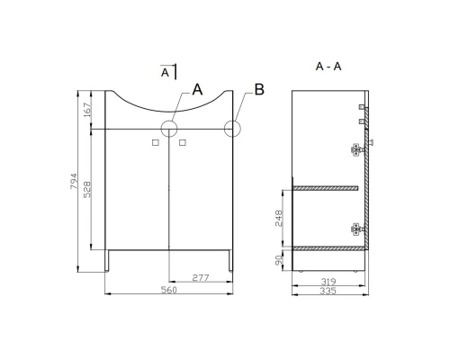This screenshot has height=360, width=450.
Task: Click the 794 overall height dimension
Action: point(74,181)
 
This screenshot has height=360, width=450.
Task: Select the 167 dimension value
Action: point(87,110)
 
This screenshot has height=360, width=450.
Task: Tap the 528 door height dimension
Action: point(87,189)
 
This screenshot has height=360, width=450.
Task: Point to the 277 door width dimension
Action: point(201,278)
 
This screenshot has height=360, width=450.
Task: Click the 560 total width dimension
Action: point(169,290)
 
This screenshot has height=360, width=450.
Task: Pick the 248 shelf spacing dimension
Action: point(279,218)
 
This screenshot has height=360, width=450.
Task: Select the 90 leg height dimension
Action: point(279,260)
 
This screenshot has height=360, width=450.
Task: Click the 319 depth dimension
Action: point(328,282)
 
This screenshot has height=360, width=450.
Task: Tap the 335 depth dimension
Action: point(328,291)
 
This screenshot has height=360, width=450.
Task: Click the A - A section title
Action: point(328,67)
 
